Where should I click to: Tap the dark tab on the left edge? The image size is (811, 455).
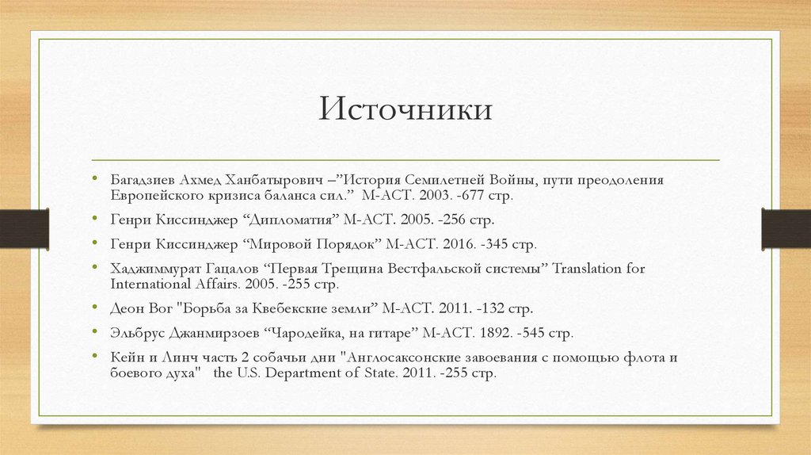pos(25,227)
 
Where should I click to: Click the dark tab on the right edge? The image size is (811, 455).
pos(786,227)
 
